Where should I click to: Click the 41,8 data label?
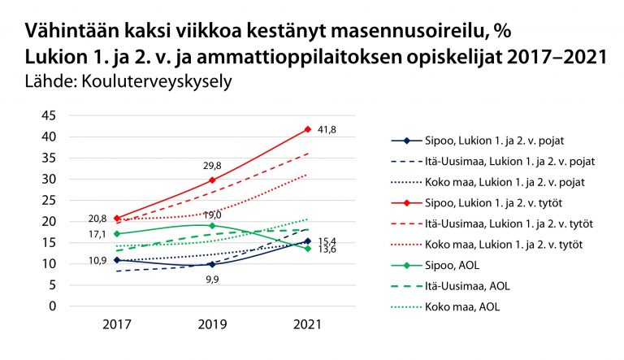tap(327, 128)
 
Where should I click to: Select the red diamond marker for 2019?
tap(212, 180)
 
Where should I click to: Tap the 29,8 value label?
tap(212, 166)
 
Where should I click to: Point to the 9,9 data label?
tap(212, 279)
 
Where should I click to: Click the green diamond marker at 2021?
tap(307, 248)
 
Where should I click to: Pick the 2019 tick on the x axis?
tap(212, 324)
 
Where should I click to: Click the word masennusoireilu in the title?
tap(396, 33)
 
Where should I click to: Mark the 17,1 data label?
tap(99, 234)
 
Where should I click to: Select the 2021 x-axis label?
tap(307, 324)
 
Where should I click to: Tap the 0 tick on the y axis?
tap(53, 306)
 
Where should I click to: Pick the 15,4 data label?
tap(327, 241)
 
